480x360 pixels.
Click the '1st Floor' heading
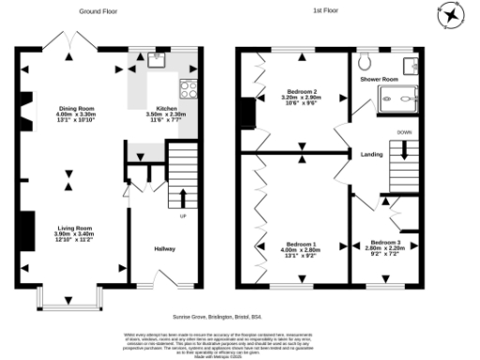(x=327, y=12)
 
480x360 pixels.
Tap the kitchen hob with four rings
(x=187, y=90)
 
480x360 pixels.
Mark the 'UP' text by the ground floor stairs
(x=184, y=218)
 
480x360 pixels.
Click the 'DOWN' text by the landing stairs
(x=404, y=132)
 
